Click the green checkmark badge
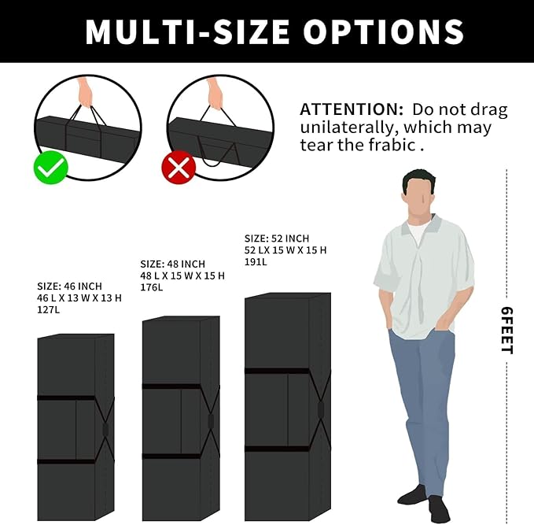point(51,168)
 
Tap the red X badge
point(179,168)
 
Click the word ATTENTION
point(352,109)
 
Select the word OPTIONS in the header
point(384,31)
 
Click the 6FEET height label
point(506,331)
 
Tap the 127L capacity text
point(48,309)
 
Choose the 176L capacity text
point(152,287)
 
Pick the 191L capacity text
point(256,262)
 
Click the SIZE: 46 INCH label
point(69,286)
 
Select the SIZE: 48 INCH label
point(173,264)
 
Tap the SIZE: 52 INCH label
point(277,238)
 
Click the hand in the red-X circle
point(215,94)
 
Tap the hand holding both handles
point(86,94)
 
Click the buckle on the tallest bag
point(320,409)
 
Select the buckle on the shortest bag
point(105,430)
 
